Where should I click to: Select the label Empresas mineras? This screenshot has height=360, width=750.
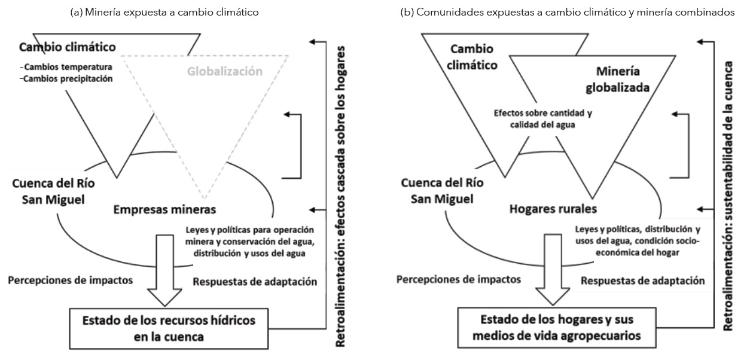pos(163,210)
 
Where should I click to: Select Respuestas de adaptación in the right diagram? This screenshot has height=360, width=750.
pos(643,280)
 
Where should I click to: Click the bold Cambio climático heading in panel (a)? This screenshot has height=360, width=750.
pos(67,47)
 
